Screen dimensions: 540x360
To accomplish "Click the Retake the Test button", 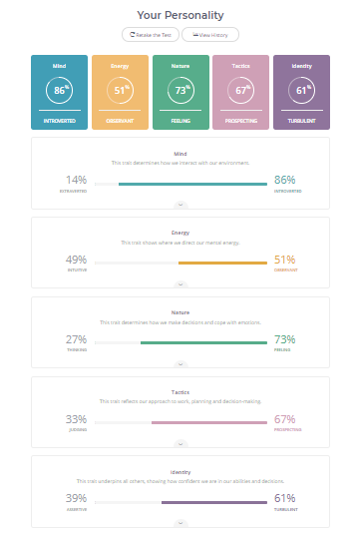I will pyautogui.click(x=150, y=34).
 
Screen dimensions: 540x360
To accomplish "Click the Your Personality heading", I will pyautogui.click(x=180, y=15).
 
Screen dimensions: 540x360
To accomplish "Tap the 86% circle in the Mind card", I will pyautogui.click(x=61, y=90).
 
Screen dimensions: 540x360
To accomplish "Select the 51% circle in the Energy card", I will pyautogui.click(x=121, y=90).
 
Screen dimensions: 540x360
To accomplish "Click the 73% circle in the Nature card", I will pyautogui.click(x=180, y=90).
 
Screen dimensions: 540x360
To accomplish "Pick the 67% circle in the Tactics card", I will pyautogui.click(x=240, y=90).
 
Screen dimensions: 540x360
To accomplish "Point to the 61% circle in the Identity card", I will pyautogui.click(x=300, y=90).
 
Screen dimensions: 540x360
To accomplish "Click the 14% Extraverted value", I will pyautogui.click(x=76, y=180).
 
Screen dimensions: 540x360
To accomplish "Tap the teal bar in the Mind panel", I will pyautogui.click(x=192, y=184).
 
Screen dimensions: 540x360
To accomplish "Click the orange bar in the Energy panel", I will pyautogui.click(x=222, y=263).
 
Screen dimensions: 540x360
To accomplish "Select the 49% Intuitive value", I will pyautogui.click(x=76, y=260).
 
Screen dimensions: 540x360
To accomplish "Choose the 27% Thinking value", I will pyautogui.click(x=76, y=339).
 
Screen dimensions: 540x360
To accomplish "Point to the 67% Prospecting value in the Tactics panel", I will pyautogui.click(x=284, y=419).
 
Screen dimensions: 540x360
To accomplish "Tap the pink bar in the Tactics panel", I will pyautogui.click(x=209, y=422).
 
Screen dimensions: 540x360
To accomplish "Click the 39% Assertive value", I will pyautogui.click(x=76, y=498).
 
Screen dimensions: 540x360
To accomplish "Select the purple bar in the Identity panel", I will pyautogui.click(x=214, y=501).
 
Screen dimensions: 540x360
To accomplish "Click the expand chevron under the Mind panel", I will pyautogui.click(x=180, y=204).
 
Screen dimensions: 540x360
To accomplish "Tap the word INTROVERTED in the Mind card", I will pyautogui.click(x=61, y=120).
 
